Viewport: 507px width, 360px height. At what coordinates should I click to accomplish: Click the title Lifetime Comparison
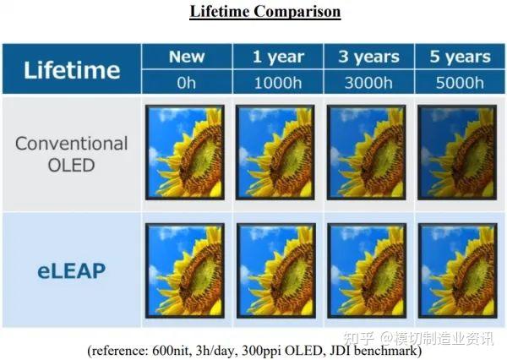253,12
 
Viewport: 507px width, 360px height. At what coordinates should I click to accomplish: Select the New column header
186,57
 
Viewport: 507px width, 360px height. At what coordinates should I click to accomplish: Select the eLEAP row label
71,270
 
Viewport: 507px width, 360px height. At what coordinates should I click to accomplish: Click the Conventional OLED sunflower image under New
185,152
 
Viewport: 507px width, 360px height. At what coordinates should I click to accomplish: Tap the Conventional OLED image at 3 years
367,152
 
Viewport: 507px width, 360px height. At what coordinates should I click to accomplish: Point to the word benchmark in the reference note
382,349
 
